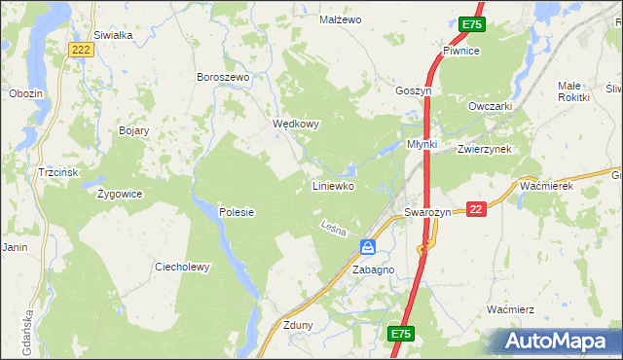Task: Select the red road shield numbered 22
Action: point(476,210)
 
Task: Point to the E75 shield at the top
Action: point(472,24)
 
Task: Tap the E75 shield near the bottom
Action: point(401,334)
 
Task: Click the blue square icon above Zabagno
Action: point(368,247)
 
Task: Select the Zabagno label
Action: point(373,270)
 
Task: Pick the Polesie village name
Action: point(237,212)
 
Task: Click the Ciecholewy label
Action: point(183,267)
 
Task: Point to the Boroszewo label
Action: point(224,77)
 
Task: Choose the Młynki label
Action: point(422,145)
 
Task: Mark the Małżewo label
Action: point(341,19)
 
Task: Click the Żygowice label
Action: point(121,194)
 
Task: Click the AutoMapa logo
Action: point(558,341)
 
